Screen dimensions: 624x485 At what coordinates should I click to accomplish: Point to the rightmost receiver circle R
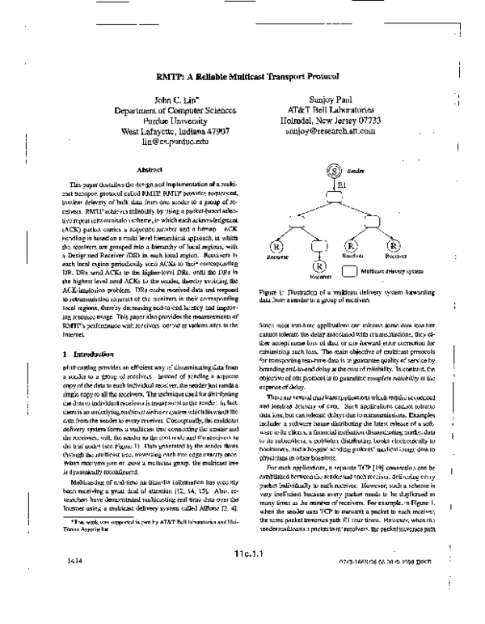coord(394,244)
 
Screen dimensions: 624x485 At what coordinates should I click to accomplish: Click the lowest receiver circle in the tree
coord(319,265)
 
